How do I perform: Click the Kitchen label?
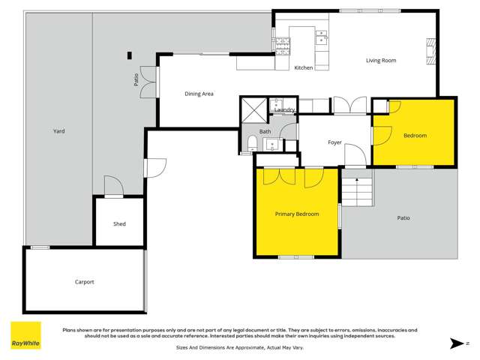(x=303, y=68)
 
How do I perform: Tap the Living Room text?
(x=381, y=61)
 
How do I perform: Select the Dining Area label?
(x=199, y=94)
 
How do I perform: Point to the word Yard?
(x=58, y=131)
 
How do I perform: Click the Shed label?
(x=119, y=223)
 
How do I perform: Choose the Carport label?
(x=84, y=282)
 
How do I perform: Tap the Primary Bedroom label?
(x=297, y=214)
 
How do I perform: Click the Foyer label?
(x=335, y=142)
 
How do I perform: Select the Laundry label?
(x=284, y=110)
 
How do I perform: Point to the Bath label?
(x=265, y=132)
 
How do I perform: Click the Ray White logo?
(x=25, y=335)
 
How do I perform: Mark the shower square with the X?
(x=253, y=111)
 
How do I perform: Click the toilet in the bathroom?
(x=253, y=145)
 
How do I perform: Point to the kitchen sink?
(x=321, y=36)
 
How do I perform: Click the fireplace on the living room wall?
(x=430, y=52)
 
